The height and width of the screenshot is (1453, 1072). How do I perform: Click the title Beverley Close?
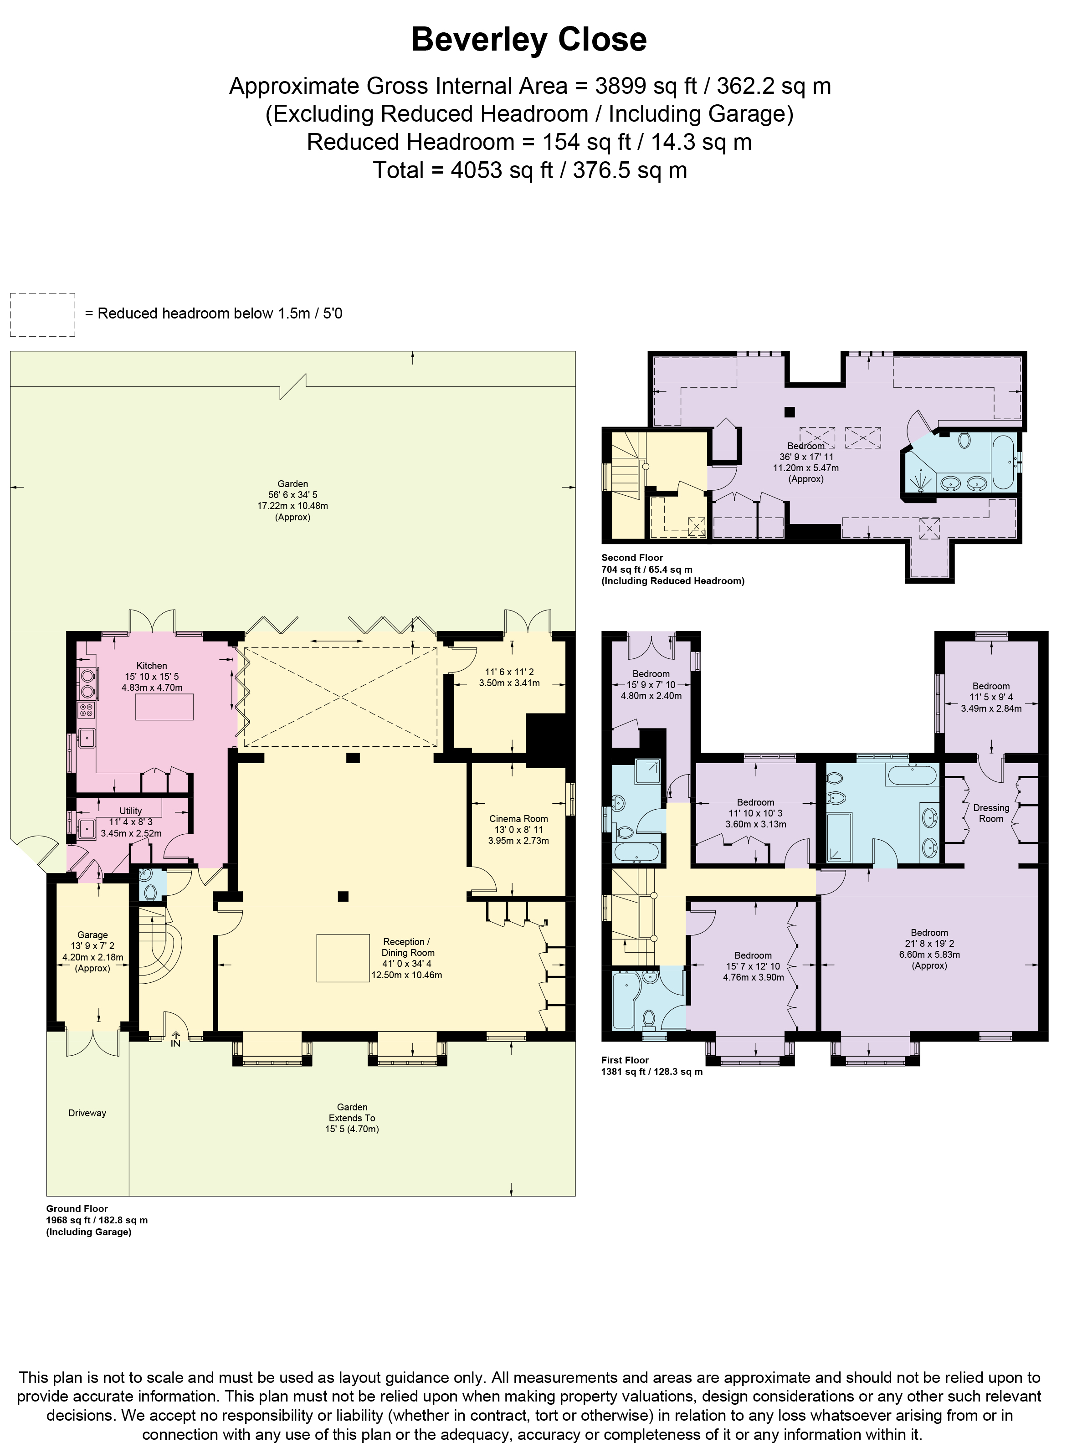coord(529,40)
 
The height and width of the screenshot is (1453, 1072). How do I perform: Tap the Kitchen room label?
coord(152,665)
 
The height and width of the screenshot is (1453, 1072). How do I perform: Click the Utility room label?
coord(130,811)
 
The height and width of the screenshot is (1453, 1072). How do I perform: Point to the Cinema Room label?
coord(518,818)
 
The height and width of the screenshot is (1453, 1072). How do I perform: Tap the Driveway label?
coord(87,1113)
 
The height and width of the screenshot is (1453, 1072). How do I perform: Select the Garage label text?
coord(92,934)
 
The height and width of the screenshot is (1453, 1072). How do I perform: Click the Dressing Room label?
coord(991,813)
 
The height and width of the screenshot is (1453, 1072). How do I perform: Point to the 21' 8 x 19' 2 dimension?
coord(929,944)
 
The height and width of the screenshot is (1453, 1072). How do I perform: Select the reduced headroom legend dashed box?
coord(43,315)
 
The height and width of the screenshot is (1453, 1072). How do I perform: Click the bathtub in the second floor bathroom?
coord(1003,463)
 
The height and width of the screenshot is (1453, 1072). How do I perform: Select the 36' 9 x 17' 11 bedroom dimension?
coord(806,457)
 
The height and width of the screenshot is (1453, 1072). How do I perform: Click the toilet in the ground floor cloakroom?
coord(150,892)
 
